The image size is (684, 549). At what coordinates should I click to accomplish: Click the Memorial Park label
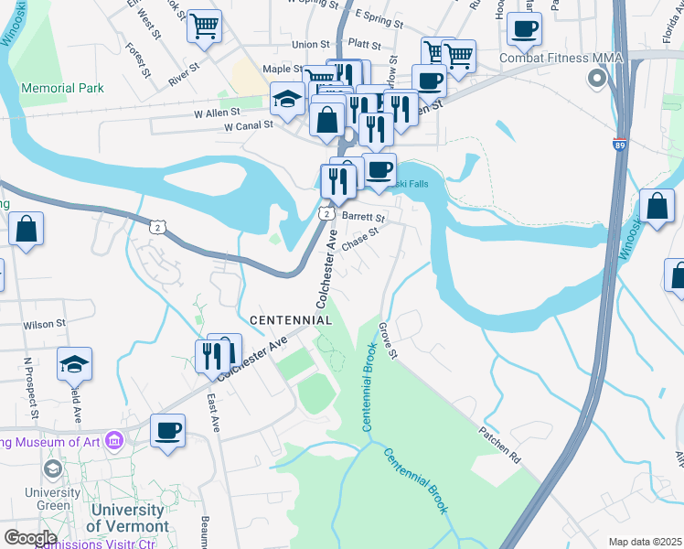coord(63,89)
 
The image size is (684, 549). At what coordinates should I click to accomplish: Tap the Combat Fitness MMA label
coord(561,58)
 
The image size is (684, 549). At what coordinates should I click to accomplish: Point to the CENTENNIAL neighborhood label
coord(290,320)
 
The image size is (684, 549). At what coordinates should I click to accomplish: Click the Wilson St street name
coord(45,324)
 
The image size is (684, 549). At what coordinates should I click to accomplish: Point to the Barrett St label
coord(363,217)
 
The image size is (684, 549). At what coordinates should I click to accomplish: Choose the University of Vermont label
coord(127,518)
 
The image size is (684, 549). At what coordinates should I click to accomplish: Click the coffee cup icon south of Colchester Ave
coord(167,430)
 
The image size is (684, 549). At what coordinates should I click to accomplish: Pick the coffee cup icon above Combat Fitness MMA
coord(524,29)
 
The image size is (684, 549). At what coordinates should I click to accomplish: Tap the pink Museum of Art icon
coord(114,443)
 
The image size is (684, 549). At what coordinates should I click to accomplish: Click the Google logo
coord(30,538)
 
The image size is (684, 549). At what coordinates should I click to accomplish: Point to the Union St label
coord(311,44)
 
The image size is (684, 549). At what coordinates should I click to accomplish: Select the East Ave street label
coord(213,414)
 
